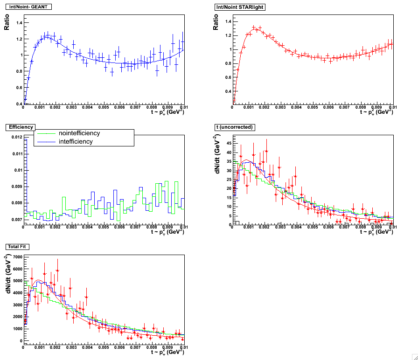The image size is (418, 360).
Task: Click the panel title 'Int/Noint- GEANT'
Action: tap(28, 7)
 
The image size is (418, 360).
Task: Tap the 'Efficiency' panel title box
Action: tap(21, 127)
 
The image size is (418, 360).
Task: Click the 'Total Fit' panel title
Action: tap(17, 246)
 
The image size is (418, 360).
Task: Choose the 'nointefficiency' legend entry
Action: tap(79, 133)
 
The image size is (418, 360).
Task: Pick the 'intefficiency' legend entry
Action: tap(76, 141)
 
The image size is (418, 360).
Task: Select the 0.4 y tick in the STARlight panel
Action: tap(227, 91)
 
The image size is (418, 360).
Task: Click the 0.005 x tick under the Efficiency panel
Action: tap(104, 227)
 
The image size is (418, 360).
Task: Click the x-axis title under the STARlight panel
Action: tap(376, 112)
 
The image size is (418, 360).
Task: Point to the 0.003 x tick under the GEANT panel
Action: tap(71, 108)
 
